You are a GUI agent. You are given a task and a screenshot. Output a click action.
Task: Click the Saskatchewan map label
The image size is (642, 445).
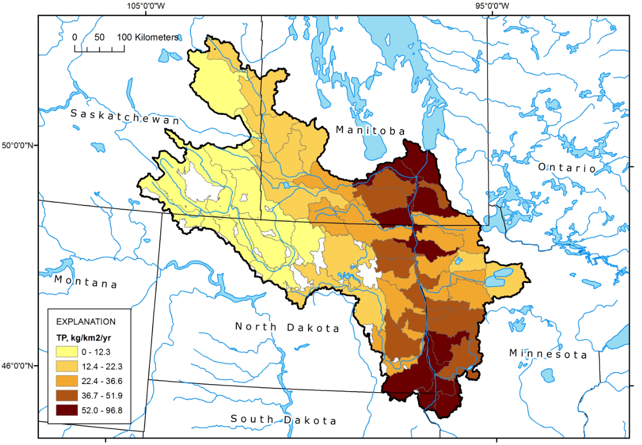coord(125,117)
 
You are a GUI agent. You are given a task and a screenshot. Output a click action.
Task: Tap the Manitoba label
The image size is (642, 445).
coord(370,130)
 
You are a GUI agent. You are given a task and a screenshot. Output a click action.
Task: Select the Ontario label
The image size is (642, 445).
coord(566,168)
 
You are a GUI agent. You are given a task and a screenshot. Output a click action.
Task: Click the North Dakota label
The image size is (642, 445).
coord(287,327)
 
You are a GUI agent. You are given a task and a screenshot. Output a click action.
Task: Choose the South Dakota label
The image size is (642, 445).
coord(283,420)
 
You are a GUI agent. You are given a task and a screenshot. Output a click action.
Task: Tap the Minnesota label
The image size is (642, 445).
coord(548,354)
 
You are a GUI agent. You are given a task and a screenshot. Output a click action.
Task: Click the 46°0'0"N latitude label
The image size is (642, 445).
coord(19,366)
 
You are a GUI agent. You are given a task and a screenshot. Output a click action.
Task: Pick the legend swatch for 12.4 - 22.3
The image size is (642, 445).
coord(68,366)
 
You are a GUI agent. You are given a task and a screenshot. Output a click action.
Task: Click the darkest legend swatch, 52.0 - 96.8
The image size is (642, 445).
coord(68,410)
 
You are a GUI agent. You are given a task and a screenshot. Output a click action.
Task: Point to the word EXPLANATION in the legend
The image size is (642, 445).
coord(86,321)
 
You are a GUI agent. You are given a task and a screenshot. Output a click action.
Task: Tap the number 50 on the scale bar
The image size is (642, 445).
coord(99,37)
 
